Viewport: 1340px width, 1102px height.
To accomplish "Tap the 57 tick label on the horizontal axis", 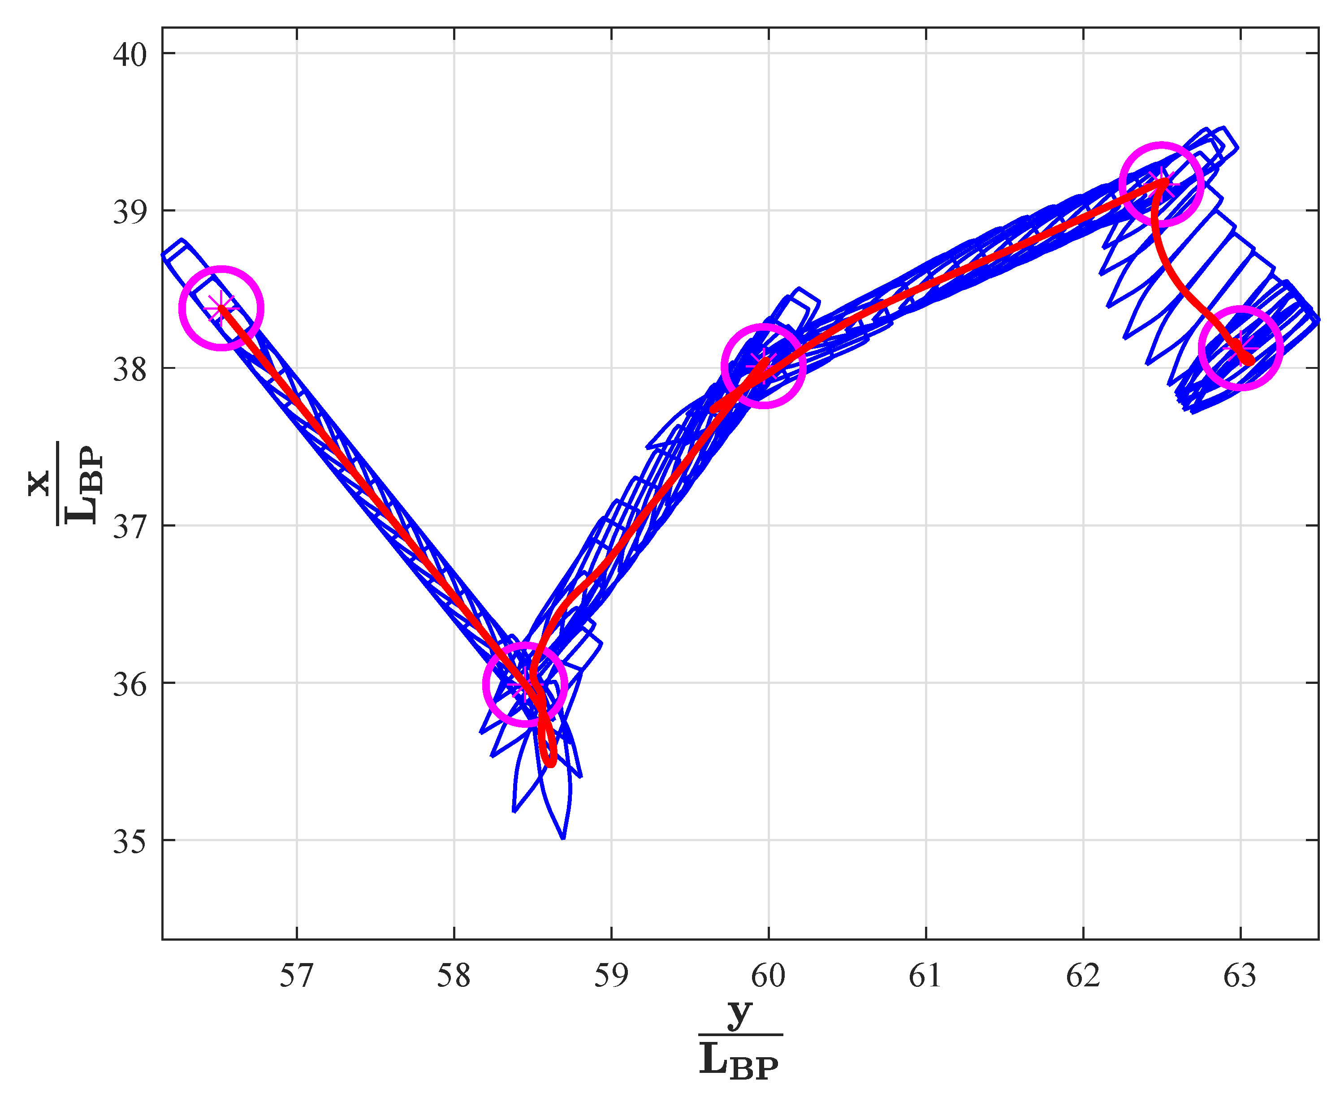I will pyautogui.click(x=296, y=976).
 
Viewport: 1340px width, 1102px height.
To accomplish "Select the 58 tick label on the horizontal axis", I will pyautogui.click(x=454, y=976).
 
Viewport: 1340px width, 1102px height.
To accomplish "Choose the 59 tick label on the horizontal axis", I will pyautogui.click(x=611, y=976).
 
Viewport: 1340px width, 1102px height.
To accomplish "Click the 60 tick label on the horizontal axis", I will pyautogui.click(x=768, y=976).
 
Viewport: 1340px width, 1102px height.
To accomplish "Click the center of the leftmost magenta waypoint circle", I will pyautogui.click(x=221, y=308).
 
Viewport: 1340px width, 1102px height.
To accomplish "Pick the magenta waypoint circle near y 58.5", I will pyautogui.click(x=525, y=684).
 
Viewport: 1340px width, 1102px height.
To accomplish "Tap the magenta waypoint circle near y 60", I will pyautogui.click(x=764, y=366).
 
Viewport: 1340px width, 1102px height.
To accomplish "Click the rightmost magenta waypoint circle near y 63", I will pyautogui.click(x=1241, y=348).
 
